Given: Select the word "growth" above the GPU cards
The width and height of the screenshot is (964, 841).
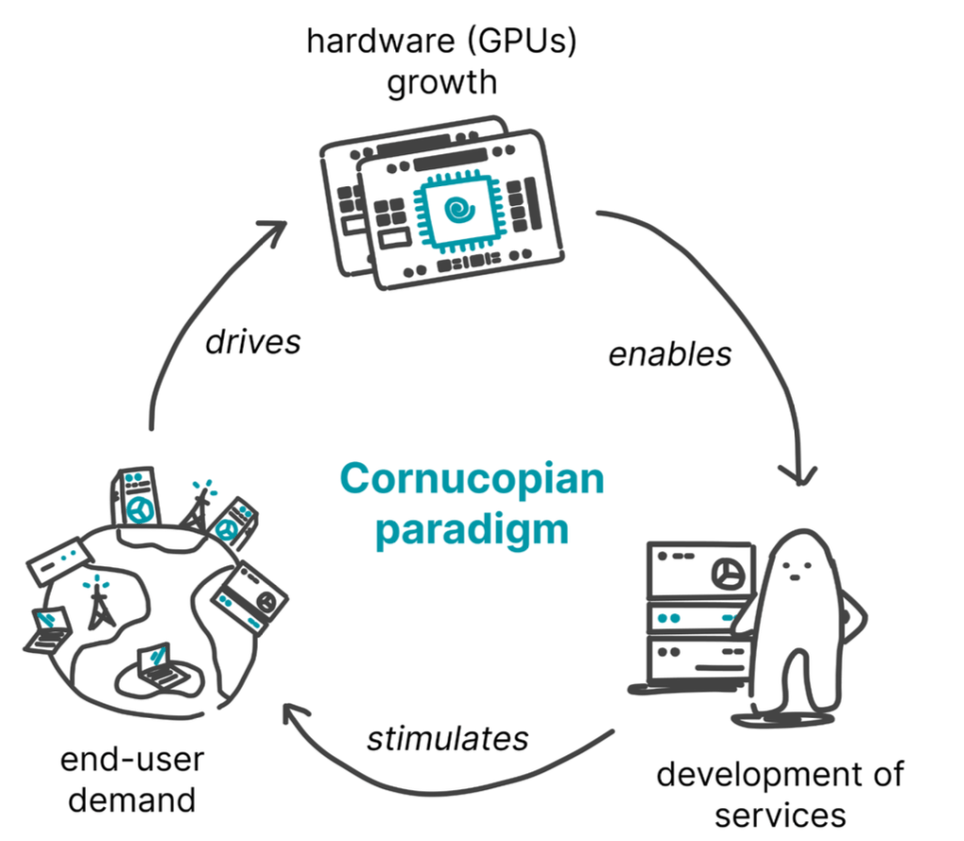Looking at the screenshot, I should click(442, 83).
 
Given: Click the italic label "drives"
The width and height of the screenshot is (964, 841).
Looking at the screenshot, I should click(253, 340).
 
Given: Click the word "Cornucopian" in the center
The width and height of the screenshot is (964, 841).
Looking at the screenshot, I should click(472, 479).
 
